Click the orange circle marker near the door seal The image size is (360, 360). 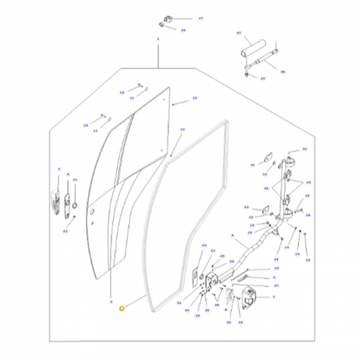click(122, 309)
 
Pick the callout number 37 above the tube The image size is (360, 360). click(239, 34)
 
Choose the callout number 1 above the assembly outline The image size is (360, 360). click(157, 39)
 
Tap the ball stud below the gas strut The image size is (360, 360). click(249, 74)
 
